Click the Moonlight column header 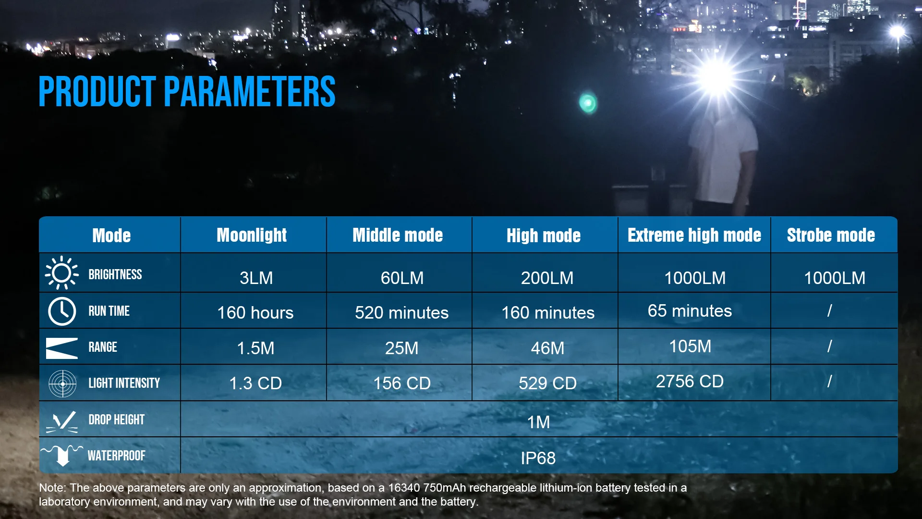point(252,235)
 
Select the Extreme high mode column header point(694,235)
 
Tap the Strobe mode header point(831,235)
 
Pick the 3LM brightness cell point(256,278)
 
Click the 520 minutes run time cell point(401,313)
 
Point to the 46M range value point(547,348)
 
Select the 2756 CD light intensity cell point(690,381)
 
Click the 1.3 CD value point(255,383)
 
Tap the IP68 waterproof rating point(538,458)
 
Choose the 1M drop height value point(538,422)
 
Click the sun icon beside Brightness point(61,273)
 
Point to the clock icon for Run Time point(62,311)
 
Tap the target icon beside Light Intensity point(62,383)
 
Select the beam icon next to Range point(61,348)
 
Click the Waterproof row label point(116,456)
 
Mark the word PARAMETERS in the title point(250,91)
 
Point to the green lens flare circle point(588,102)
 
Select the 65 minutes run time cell point(690,311)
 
